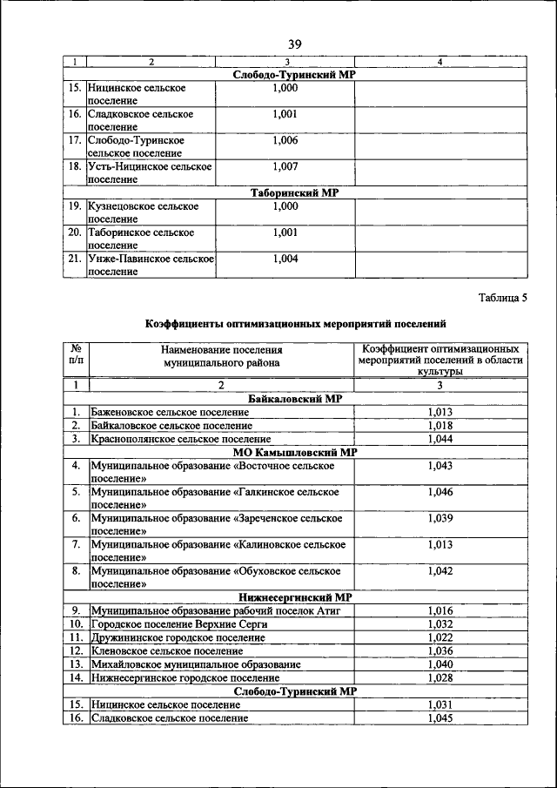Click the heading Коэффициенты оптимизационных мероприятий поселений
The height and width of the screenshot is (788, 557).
[x=295, y=324]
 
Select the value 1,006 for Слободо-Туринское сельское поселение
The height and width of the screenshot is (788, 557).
[x=285, y=139]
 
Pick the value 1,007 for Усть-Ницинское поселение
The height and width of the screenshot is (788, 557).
[x=285, y=165]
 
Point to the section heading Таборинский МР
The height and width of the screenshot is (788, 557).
[x=294, y=192]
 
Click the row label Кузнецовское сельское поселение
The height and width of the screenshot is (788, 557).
[x=144, y=212]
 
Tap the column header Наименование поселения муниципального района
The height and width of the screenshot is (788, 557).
[x=222, y=358]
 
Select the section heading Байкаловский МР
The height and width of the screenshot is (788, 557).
[x=294, y=399]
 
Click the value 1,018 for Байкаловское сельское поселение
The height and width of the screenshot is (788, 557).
[x=440, y=426]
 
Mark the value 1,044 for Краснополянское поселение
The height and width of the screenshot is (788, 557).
[x=440, y=440]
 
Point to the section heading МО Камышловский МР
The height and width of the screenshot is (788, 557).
[x=294, y=453]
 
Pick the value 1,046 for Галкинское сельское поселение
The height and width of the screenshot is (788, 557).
[x=440, y=493]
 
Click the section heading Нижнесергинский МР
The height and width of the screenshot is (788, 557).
[x=294, y=597]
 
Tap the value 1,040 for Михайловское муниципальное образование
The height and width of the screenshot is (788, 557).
[x=440, y=664]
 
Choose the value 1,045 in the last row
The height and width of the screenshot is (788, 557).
[x=440, y=718]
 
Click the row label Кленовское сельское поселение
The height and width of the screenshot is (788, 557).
[x=166, y=650]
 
